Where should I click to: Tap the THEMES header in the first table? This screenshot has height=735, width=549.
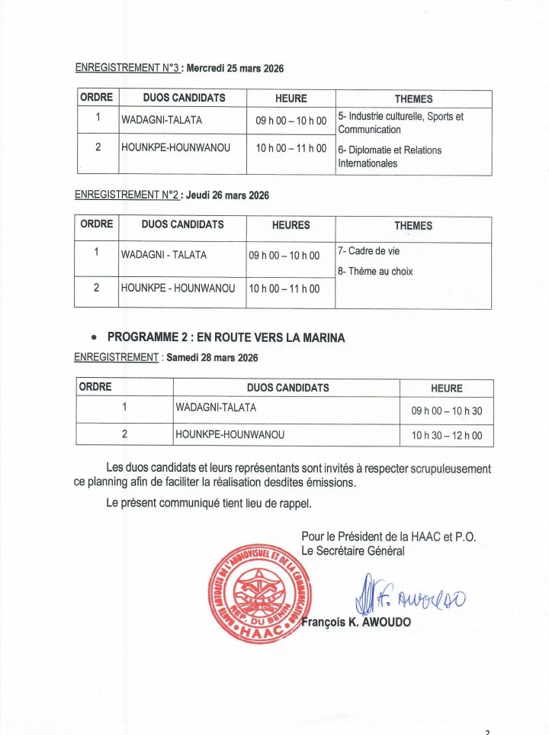[x=413, y=98]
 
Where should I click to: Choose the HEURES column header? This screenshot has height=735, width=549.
[x=291, y=225]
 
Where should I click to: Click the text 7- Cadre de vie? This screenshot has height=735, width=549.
[x=368, y=251]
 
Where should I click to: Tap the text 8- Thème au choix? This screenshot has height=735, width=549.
[x=375, y=271]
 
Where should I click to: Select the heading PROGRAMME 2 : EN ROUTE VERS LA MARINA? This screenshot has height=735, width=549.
[x=226, y=337]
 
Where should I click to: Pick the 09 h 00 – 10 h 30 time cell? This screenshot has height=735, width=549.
[x=446, y=411]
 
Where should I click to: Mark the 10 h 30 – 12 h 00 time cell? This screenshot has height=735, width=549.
[x=446, y=436]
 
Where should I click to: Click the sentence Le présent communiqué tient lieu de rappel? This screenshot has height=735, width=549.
[x=209, y=503]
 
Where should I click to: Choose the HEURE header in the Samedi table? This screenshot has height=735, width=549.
[x=446, y=388]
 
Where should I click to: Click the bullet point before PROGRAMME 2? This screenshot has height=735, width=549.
[x=93, y=337]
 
